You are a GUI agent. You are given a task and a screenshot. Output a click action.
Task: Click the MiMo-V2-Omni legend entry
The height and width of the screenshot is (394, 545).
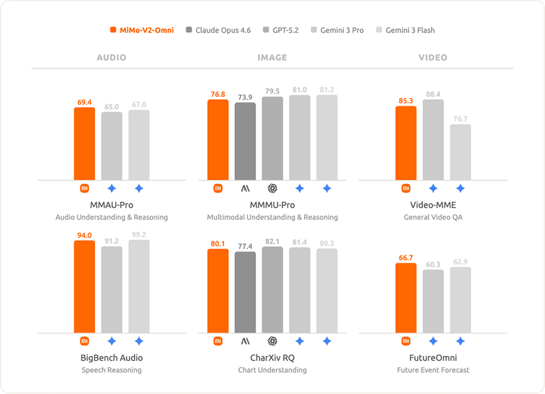(142, 30)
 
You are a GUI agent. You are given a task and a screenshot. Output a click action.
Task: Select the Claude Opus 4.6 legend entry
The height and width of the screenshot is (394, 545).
(218, 30)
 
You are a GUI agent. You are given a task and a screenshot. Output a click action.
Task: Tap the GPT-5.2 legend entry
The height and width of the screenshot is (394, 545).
(281, 30)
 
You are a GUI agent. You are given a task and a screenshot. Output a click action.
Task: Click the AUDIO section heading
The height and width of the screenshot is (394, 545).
(112, 58)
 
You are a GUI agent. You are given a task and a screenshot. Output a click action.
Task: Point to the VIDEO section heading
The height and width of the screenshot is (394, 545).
(433, 58)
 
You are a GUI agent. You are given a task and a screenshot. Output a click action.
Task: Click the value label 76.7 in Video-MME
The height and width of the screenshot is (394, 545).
(460, 119)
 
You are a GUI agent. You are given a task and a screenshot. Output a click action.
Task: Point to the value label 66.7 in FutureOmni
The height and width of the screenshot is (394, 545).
(406, 258)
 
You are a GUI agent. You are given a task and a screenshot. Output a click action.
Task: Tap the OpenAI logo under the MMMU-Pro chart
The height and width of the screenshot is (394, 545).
(272, 189)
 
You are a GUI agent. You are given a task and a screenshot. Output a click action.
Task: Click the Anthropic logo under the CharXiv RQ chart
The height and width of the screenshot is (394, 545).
(245, 342)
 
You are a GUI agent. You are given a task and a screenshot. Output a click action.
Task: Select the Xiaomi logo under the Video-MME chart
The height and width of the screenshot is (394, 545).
(406, 189)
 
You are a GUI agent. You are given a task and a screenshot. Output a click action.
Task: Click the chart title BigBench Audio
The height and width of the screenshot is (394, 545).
(112, 358)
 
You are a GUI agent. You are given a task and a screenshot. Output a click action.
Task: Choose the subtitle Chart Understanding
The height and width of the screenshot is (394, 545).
(272, 370)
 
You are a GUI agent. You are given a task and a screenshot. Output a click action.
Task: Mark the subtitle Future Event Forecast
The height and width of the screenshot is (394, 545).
(433, 370)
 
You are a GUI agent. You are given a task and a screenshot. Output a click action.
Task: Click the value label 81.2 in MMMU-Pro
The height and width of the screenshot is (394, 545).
(327, 89)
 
